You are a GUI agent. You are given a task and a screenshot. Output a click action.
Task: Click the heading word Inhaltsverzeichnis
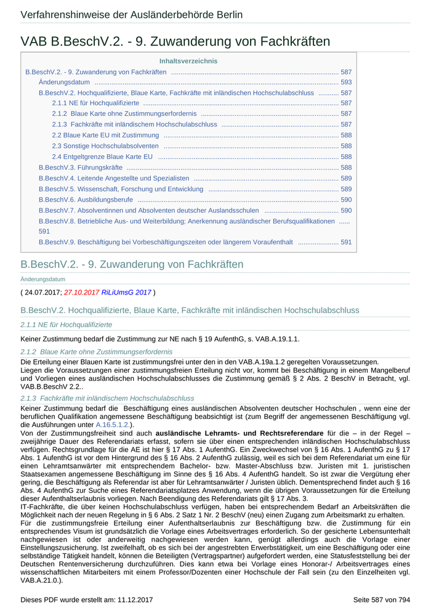coord(188,61)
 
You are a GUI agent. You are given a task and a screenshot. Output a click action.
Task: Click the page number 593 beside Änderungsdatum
coord(346,82)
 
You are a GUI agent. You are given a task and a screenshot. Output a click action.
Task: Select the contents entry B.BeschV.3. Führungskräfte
coord(81,168)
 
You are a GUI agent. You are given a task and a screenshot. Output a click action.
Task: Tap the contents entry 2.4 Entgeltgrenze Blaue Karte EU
coord(102,157)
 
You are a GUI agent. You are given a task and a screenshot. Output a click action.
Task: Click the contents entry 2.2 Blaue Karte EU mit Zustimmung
coord(105,136)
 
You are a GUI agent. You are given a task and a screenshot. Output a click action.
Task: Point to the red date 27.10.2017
coord(82,292)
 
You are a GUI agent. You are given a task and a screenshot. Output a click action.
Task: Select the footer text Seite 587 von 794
coord(381,600)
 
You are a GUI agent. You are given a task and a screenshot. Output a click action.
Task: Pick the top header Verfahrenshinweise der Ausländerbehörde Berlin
coord(131,15)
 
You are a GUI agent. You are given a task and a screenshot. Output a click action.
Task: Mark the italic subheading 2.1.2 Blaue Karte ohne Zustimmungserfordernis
coord(97,352)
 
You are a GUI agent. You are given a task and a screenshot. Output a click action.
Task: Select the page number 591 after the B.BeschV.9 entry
coord(346,242)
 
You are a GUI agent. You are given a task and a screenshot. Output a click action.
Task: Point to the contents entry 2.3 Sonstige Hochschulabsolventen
coord(105,146)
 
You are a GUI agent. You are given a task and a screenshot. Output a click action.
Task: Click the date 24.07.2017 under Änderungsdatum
coord(43,292)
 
